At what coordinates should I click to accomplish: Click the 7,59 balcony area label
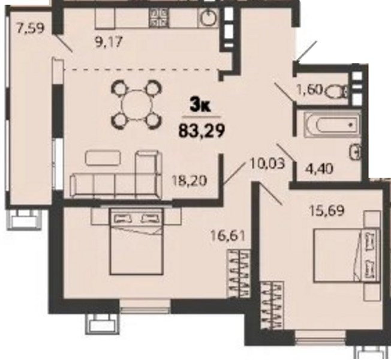(30, 28)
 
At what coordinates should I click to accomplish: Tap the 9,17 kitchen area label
(109, 42)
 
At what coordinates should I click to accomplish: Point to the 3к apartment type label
(200, 106)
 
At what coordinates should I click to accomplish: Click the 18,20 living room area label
(190, 181)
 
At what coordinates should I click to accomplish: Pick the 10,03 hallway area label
(267, 164)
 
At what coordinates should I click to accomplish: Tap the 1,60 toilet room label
(309, 89)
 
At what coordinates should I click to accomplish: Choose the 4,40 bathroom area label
(319, 169)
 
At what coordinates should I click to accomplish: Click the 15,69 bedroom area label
(327, 211)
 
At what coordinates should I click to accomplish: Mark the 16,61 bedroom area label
(228, 236)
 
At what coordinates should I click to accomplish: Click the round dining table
(137, 104)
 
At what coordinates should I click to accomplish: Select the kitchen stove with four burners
(159, 17)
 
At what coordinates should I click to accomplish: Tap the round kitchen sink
(208, 17)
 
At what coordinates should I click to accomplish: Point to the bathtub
(332, 125)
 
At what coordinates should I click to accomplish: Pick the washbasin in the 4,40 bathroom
(356, 151)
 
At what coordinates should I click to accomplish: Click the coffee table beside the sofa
(103, 158)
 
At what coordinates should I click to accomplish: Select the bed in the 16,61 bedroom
(137, 241)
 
